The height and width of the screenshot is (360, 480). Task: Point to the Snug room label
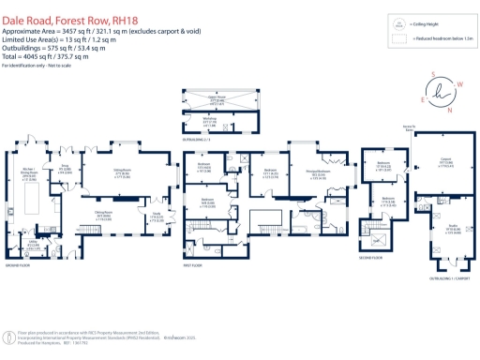(65, 170)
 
